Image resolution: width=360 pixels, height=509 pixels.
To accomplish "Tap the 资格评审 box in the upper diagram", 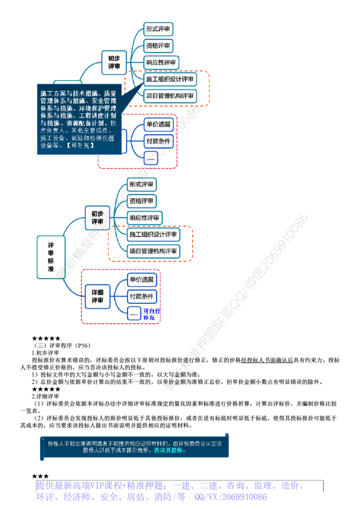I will pos(158,46).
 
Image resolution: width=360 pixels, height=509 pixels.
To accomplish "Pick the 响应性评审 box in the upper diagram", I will pos(161,62).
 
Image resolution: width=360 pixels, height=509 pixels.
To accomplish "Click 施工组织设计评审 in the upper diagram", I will pos(170,79).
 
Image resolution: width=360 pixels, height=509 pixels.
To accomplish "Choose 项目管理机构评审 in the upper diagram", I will pos(170,96).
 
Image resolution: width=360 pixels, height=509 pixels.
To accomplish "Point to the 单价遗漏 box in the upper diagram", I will pos(158,124).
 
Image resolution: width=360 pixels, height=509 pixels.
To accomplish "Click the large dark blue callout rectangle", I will pos(79,120).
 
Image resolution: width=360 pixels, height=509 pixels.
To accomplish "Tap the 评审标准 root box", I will pos(50,257).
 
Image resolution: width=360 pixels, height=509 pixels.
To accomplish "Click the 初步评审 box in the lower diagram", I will pos(97,218).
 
